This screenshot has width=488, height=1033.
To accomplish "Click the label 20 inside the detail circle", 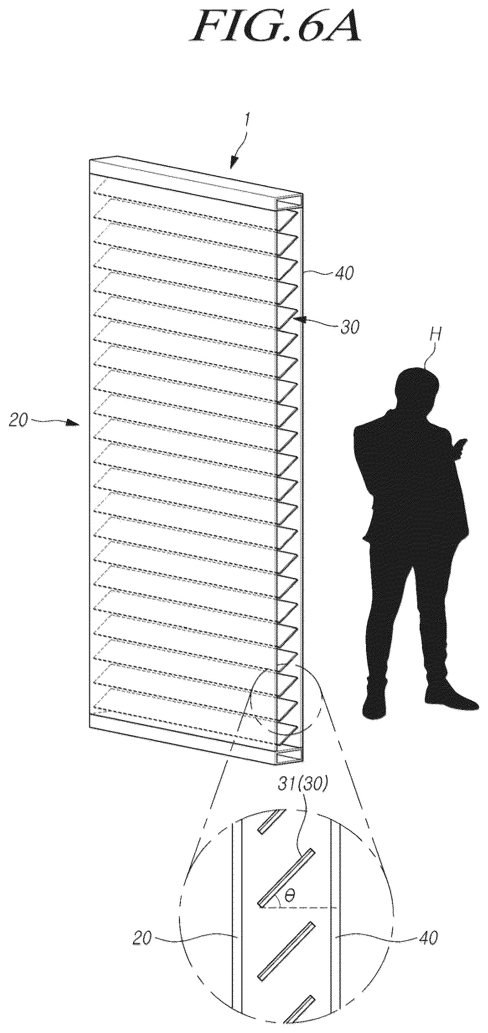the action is tap(143, 924).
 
